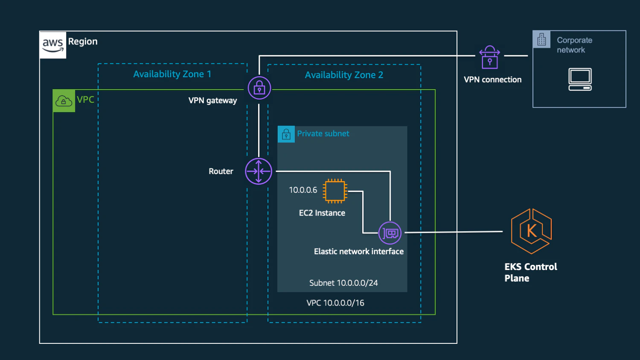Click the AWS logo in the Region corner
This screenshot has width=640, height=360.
[53, 45]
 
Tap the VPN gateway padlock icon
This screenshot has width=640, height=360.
[259, 88]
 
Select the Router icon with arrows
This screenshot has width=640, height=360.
[259, 171]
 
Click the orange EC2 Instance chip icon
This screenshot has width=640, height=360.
[335, 191]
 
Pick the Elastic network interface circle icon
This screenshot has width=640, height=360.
[390, 233]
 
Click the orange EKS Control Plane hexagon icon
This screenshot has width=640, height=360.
[532, 231]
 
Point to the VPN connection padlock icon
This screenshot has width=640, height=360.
[490, 57]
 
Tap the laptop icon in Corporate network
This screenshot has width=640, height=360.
[580, 79]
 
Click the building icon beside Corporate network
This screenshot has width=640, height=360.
[541, 39]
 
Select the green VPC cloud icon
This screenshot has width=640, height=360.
[64, 101]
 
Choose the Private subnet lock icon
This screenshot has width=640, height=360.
[286, 134]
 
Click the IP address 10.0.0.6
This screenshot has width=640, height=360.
[303, 190]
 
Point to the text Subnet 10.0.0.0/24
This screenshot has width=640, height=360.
[343, 283]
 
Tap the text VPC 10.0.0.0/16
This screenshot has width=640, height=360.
[335, 303]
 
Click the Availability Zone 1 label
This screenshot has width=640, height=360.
[172, 74]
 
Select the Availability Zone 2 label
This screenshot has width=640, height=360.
[344, 75]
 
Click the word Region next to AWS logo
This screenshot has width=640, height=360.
[83, 42]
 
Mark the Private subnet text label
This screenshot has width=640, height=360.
[323, 134]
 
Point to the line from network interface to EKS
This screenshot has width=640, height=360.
[454, 232]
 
